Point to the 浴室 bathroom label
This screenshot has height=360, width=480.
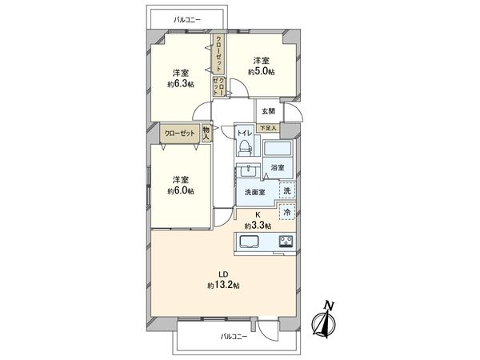pyautogui.click(x=277, y=168)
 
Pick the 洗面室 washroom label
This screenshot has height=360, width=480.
pyautogui.click(x=254, y=192)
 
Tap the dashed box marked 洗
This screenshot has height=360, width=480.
pyautogui.click(x=286, y=190)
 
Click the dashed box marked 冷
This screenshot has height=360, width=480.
pyautogui.click(x=286, y=214)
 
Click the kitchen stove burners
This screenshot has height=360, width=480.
pyautogui.click(x=285, y=242)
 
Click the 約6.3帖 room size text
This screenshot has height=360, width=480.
pyautogui.click(x=180, y=83)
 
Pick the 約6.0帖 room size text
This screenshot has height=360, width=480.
pyautogui.click(x=180, y=191)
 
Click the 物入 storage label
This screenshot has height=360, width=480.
pyautogui.click(x=206, y=134)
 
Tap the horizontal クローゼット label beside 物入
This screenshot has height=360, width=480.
pyautogui.click(x=178, y=134)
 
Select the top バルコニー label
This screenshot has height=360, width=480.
pyautogui.click(x=190, y=18)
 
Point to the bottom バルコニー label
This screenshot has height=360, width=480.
pyautogui.click(x=234, y=337)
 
